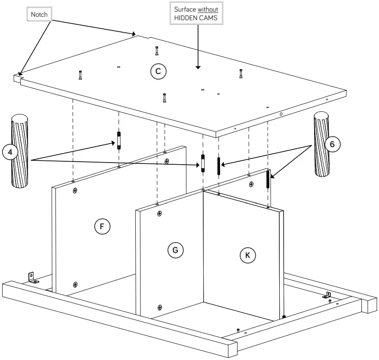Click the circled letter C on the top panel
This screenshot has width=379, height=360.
(158, 71)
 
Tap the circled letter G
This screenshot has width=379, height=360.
(175, 250)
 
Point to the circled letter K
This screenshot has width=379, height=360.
(248, 255)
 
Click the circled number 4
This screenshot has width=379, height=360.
(10, 152)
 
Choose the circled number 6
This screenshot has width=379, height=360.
(332, 144)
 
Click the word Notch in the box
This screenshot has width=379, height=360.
(39, 15)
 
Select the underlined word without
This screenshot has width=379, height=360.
(208, 9)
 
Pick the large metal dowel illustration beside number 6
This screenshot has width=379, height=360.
(322, 144)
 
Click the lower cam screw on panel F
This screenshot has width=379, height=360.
(75, 284)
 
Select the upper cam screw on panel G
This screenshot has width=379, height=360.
(159, 213)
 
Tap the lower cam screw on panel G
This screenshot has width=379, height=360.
(160, 307)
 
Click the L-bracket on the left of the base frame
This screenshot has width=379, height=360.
(32, 277)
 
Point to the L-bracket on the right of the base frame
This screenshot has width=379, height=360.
(327, 295)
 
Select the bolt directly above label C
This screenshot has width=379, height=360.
(157, 50)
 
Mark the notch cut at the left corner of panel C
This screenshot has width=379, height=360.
(19, 75)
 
